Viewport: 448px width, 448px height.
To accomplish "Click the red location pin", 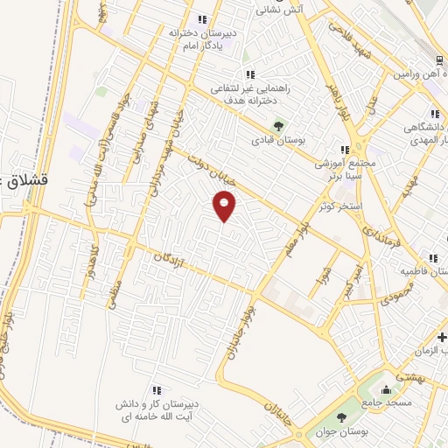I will pos(225,206).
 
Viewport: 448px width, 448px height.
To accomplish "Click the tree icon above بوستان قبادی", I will pos(280,125).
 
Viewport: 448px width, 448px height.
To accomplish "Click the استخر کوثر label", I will pos(339,206).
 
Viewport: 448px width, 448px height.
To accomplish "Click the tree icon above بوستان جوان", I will pos(341,417).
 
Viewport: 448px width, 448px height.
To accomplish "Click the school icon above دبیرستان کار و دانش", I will pos(156,390).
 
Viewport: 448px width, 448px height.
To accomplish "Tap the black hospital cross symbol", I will pos(443,337).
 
